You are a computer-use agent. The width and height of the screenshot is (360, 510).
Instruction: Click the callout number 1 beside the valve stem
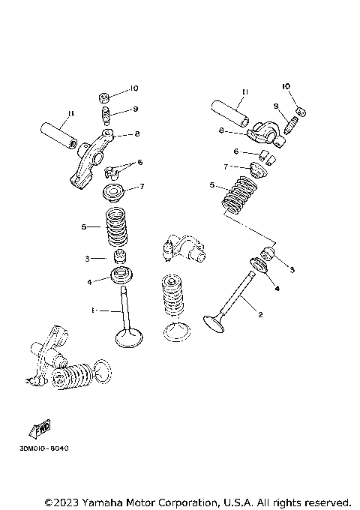[93, 310]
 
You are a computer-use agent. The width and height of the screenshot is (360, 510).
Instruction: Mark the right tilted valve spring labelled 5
[240, 194]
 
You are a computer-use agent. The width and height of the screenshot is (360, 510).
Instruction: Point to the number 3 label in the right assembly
[292, 269]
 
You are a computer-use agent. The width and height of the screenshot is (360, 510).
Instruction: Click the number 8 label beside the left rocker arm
[136, 134]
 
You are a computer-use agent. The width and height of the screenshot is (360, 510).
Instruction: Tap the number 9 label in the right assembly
[275, 106]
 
